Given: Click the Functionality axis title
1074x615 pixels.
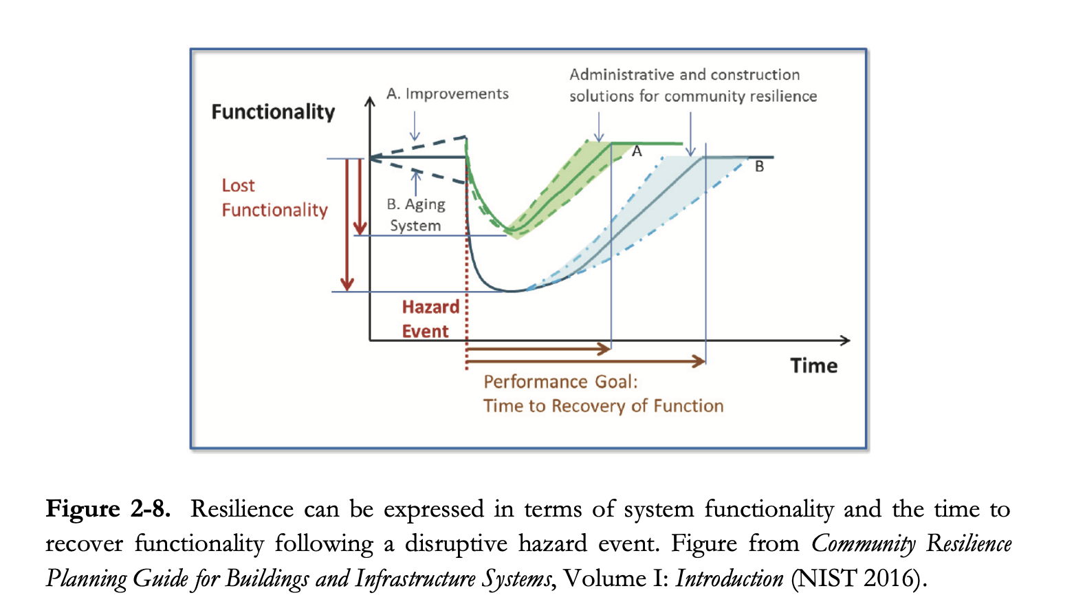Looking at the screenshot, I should pyautogui.click(x=273, y=112).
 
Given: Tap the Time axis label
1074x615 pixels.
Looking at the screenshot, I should pyautogui.click(x=813, y=366).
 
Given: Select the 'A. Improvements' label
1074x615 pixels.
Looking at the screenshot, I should pyautogui.click(x=448, y=94).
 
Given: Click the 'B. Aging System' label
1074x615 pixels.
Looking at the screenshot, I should pyautogui.click(x=415, y=215).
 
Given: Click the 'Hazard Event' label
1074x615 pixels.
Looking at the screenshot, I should pyautogui.click(x=430, y=319).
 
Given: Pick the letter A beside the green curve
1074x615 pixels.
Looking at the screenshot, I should pyautogui.click(x=637, y=151).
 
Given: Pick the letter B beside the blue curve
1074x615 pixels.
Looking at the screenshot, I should pyautogui.click(x=759, y=166).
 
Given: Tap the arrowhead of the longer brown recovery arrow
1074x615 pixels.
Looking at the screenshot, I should pyautogui.click(x=700, y=360).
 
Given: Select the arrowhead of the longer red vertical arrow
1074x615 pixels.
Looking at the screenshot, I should pyautogui.click(x=347, y=283).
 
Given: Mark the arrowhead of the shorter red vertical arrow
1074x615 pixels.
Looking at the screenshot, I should pyautogui.click(x=360, y=228).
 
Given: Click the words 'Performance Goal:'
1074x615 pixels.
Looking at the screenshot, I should pyautogui.click(x=560, y=382).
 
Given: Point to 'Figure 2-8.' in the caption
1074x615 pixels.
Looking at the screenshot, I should pyautogui.click(x=107, y=509).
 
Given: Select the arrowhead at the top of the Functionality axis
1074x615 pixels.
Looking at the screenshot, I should pyautogui.click(x=370, y=102).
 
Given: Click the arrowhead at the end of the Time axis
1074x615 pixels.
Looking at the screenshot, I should pyautogui.click(x=845, y=340).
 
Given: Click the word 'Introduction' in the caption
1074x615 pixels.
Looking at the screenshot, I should pyautogui.click(x=729, y=579).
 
